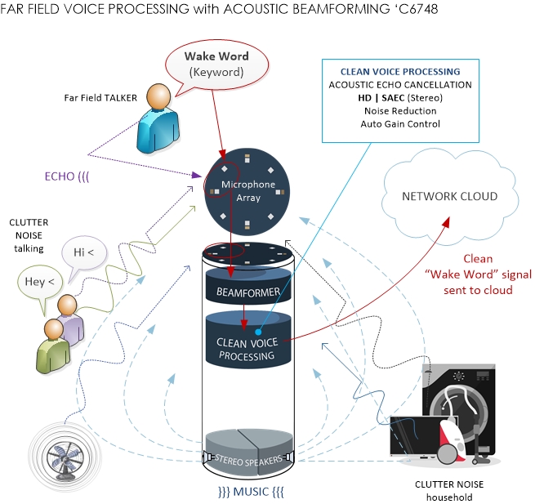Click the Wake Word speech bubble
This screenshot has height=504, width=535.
click(x=216, y=64)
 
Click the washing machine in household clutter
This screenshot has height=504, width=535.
click(x=457, y=408)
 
